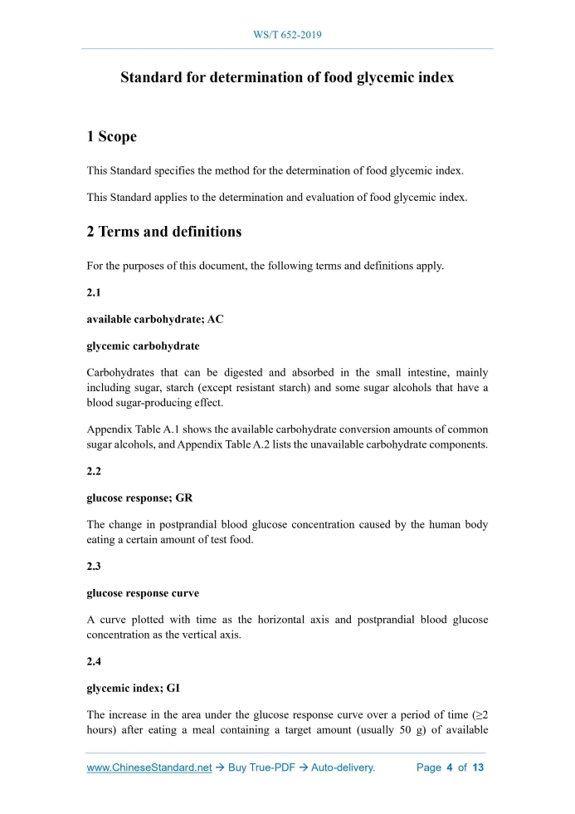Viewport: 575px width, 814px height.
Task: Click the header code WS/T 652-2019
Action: (287, 35)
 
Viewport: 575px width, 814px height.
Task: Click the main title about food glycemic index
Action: (287, 78)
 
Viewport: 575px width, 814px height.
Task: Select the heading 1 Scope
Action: (112, 136)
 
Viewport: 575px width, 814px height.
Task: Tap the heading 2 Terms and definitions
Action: (164, 232)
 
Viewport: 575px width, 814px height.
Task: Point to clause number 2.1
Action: (95, 295)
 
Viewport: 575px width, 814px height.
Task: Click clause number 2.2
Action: (95, 471)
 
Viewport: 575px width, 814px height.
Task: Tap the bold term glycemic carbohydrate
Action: (143, 346)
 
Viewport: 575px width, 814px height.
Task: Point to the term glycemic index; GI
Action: (134, 688)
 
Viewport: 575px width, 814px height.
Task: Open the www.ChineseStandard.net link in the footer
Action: (149, 767)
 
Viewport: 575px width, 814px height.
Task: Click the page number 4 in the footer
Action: (449, 767)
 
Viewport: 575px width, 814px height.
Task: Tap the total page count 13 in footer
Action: (477, 767)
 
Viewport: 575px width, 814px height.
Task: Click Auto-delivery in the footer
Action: (344, 767)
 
